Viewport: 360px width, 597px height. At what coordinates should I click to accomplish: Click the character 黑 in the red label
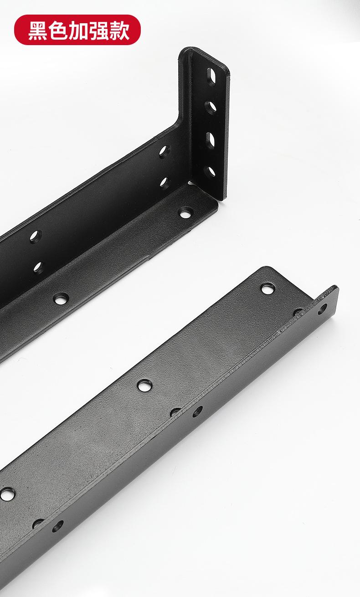(x=38, y=31)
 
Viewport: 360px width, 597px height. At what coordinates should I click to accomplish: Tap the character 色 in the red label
(x=58, y=31)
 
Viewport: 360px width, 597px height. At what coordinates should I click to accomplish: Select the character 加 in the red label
(x=79, y=31)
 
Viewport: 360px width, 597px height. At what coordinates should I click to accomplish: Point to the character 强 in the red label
(x=99, y=31)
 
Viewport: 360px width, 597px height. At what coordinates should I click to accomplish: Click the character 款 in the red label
(x=119, y=31)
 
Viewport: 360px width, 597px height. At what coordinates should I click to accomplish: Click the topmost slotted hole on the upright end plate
(x=211, y=76)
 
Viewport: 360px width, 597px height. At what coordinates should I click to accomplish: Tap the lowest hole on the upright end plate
(x=210, y=171)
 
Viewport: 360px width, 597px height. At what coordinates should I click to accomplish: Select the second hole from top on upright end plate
(x=211, y=108)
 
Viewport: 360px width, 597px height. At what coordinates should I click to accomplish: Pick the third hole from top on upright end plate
(x=210, y=139)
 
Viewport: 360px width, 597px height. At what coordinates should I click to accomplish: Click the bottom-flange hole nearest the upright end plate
(x=185, y=212)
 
